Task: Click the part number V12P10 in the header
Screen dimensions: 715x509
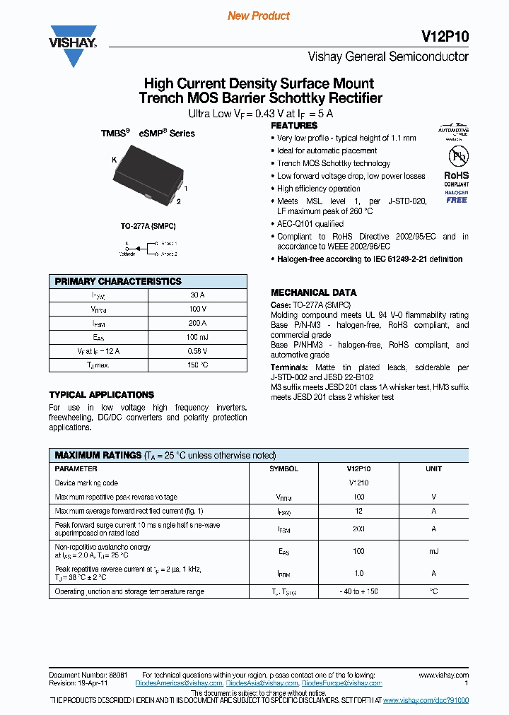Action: [449, 37]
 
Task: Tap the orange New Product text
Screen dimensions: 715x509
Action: [259, 16]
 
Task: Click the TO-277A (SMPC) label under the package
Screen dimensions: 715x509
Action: [148, 226]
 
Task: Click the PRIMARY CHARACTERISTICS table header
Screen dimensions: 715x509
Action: [118, 281]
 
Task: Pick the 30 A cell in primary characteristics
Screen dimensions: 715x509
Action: [198, 295]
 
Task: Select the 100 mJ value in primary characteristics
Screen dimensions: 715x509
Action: [198, 337]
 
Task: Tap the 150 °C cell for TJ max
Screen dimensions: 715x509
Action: [198, 365]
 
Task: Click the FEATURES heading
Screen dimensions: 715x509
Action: [294, 126]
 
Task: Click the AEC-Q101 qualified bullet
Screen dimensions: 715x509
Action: [310, 224]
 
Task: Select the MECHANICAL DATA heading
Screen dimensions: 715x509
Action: [313, 292]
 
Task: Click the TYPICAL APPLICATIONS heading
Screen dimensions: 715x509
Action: [101, 395]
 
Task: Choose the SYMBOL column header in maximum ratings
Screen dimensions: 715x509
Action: [283, 468]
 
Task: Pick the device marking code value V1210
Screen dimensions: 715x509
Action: [358, 483]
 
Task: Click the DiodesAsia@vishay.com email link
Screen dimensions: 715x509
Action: [262, 683]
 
